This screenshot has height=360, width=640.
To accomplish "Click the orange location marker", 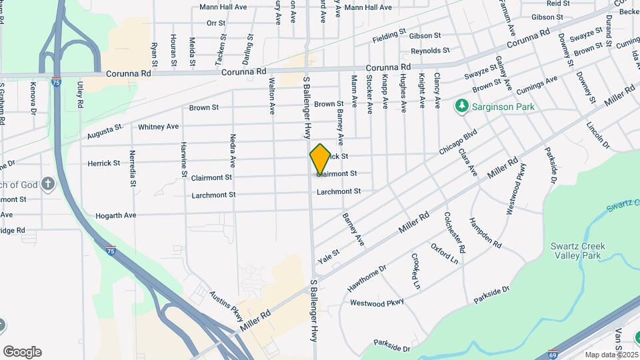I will coord(320,159).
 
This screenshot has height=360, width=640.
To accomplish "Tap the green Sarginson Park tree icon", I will coord(461,106).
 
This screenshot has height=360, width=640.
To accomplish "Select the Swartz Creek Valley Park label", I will coord(577,250).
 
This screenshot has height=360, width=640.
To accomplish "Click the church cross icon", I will coord(47,184).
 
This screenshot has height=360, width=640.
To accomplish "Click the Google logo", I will coord(22,352).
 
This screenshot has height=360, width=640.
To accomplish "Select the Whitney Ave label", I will coord(158,126).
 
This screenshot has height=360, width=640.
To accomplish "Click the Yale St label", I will coord(329,253).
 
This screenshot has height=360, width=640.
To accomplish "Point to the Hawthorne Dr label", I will coord(367,279).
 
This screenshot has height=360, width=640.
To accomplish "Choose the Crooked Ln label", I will coord(416,270).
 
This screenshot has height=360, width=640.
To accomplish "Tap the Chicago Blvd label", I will coord(459,142).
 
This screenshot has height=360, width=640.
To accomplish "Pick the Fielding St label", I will coord(389,33).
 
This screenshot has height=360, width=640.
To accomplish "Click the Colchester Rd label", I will coord(455,233).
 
